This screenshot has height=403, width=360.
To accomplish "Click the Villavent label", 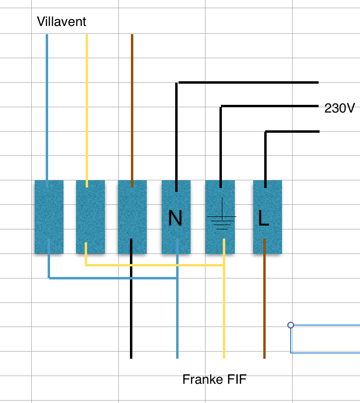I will [62, 22].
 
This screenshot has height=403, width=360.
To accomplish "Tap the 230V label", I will [339, 109].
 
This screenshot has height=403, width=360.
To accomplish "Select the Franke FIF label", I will [214, 379].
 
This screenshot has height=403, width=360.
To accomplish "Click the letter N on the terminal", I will [176, 219].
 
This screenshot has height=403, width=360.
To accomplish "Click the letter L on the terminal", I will [263, 219].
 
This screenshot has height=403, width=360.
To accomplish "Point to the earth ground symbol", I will [221, 219].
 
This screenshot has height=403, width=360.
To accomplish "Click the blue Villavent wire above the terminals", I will [47, 106].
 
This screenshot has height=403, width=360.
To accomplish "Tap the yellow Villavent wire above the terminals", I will [87, 106].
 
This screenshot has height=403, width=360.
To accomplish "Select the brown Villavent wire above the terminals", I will [132, 106].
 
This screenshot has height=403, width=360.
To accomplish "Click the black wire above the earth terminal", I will [221, 144].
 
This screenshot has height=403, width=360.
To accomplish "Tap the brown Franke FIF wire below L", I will [264, 308].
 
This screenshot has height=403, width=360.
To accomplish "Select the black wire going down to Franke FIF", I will [131, 313].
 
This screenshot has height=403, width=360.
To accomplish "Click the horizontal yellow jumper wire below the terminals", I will [154, 265].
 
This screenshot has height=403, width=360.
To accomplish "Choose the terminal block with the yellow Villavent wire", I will [90, 216].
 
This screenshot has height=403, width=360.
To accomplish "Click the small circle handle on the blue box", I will [291, 325].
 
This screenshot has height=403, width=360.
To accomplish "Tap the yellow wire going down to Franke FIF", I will [224, 317].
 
